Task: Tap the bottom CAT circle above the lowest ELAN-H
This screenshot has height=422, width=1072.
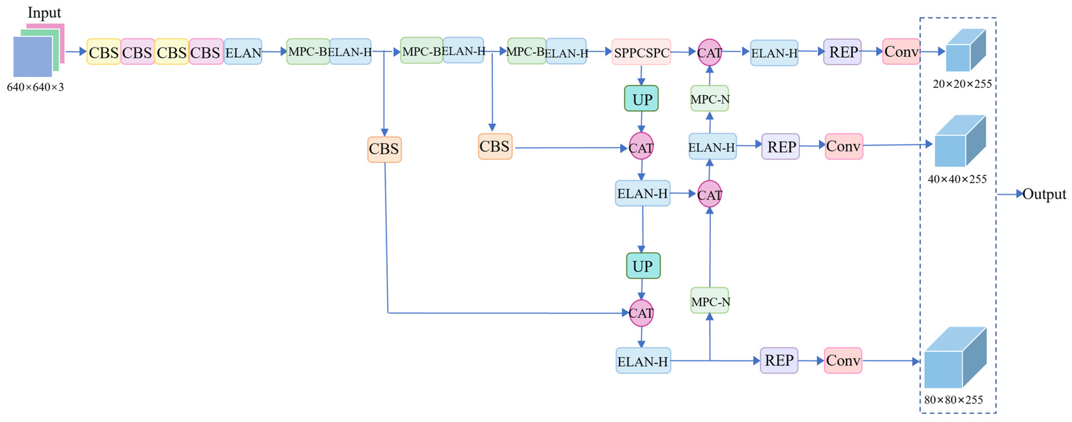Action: point(641,313)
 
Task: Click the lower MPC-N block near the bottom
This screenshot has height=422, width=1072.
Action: point(710,301)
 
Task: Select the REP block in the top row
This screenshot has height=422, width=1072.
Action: point(842,52)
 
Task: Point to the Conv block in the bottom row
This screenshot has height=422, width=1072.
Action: point(843,360)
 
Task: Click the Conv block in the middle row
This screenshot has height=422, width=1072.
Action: point(844,146)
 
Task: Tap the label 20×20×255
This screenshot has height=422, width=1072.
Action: point(962,84)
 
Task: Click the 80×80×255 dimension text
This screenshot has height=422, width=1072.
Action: point(953,400)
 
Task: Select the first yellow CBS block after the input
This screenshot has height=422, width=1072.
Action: point(104,52)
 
